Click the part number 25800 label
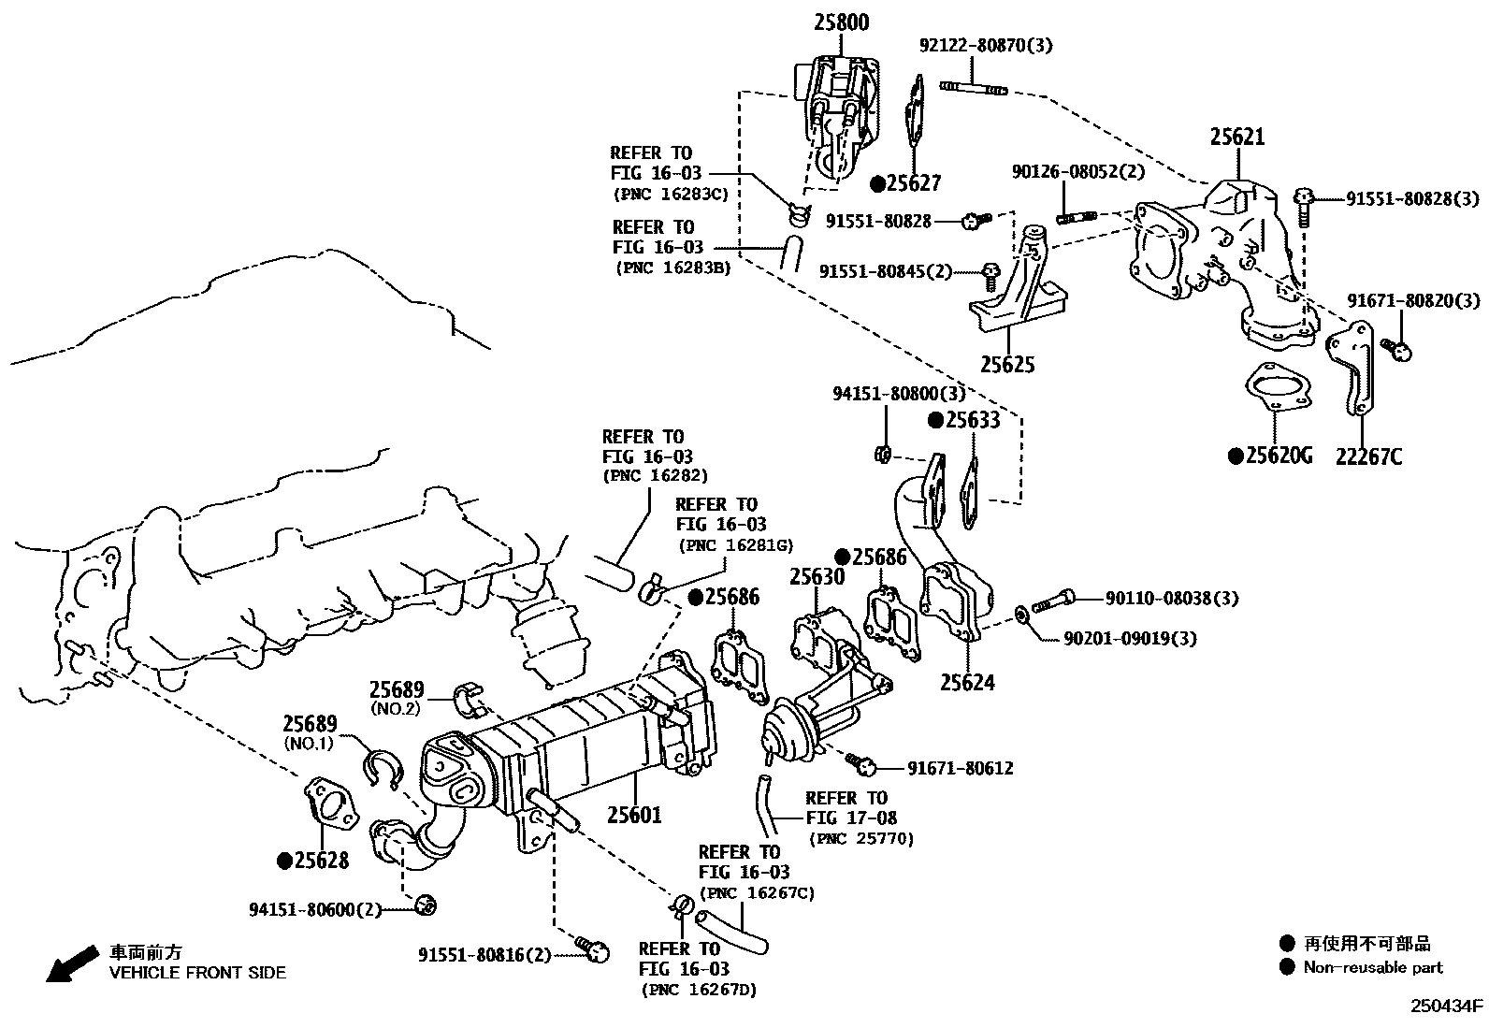(842, 22)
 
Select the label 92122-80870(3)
(986, 45)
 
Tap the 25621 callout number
(1237, 137)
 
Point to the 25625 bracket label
(1007, 365)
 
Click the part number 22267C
(1368, 456)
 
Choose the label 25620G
(1279, 456)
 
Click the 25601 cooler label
(635, 815)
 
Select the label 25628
(322, 861)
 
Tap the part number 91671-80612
(961, 769)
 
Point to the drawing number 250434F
(1447, 1006)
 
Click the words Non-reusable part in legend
(1373, 967)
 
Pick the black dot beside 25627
(877, 184)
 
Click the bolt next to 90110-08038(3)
(1053, 601)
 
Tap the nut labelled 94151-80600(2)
(426, 905)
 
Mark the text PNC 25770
(861, 839)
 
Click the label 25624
(967, 682)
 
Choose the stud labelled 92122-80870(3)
(973, 88)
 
